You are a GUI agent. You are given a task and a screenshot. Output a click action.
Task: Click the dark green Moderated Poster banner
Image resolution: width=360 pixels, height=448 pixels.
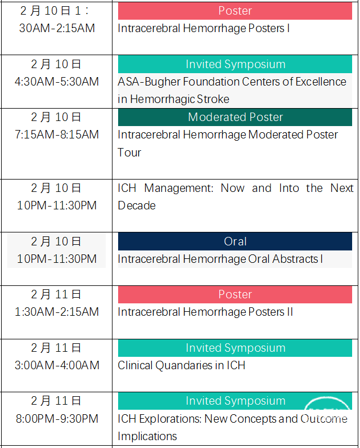235,117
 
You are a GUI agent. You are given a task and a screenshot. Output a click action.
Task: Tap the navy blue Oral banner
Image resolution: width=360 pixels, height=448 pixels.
235,241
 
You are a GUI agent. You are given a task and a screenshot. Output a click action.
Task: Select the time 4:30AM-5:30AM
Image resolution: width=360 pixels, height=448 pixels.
57,82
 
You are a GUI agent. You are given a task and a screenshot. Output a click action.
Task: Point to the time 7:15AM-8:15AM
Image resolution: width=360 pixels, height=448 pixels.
57,135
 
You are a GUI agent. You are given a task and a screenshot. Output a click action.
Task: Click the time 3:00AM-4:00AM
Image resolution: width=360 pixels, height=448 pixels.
57,365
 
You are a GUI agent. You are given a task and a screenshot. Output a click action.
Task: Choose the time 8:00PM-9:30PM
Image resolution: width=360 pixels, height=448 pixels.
57,419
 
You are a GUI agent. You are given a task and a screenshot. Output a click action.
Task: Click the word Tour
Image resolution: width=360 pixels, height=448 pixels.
129,153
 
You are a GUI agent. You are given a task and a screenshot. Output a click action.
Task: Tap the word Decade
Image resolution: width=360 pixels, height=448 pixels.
137,206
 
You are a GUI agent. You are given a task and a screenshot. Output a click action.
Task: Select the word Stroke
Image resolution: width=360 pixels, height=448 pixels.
213,99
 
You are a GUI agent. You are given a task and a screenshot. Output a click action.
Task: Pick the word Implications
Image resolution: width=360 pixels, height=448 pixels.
147,437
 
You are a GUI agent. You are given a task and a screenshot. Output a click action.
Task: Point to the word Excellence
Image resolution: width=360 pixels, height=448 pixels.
321,82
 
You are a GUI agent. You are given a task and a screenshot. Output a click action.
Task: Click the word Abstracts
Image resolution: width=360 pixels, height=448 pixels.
295,259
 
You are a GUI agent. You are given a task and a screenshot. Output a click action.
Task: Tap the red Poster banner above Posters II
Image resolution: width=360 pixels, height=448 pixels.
235,294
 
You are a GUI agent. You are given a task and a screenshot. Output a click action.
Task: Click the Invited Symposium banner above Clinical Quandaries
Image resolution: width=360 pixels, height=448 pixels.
235,348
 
